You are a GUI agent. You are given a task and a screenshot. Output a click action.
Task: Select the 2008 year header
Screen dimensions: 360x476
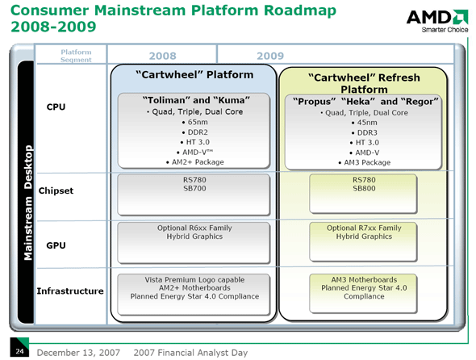[162, 56]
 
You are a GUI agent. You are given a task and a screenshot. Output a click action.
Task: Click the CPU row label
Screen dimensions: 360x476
[56, 107]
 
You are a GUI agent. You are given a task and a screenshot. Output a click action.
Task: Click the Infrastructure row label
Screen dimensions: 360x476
[69, 290]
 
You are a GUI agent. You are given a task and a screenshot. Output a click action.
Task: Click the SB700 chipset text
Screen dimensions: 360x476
[194, 187]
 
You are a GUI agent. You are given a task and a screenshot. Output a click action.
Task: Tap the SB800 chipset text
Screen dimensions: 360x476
[363, 187]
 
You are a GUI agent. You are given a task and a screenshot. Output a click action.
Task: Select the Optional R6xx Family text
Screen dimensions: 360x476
[194, 228]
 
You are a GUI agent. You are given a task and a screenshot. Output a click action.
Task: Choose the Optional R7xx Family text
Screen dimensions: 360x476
[363, 228]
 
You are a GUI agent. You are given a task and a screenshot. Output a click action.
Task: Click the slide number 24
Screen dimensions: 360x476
[19, 351]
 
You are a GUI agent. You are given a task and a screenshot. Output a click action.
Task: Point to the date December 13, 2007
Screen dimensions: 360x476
[75, 352]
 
